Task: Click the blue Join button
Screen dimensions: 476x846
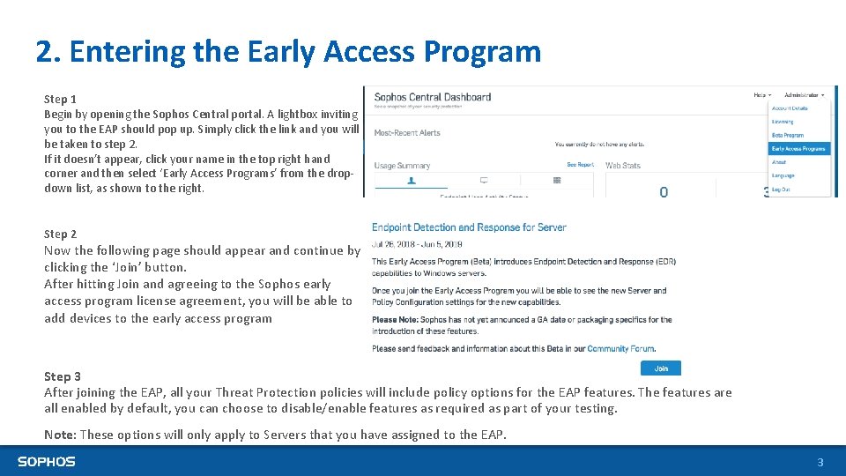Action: click(661, 368)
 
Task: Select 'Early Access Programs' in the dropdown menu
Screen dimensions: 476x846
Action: click(798, 149)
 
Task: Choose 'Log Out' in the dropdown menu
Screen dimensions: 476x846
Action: click(782, 190)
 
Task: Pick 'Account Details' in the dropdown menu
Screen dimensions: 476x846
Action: click(790, 108)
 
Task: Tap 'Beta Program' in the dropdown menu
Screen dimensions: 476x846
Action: click(788, 136)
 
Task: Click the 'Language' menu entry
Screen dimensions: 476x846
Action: click(783, 176)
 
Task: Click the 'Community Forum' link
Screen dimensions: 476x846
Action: click(620, 349)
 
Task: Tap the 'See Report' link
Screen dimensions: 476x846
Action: click(579, 165)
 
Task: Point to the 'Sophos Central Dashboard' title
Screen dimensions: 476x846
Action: click(432, 97)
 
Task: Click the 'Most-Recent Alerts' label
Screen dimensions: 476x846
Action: click(407, 133)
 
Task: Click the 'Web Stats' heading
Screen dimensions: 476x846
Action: click(623, 166)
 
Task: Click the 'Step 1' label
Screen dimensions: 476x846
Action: click(60, 100)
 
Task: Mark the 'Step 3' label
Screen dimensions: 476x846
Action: click(63, 376)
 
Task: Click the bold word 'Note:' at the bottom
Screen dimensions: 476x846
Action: click(59, 435)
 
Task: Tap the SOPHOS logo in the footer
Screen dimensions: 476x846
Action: click(47, 461)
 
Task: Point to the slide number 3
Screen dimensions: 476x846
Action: click(820, 462)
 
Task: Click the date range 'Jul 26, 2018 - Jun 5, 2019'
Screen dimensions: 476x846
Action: click(417, 244)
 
